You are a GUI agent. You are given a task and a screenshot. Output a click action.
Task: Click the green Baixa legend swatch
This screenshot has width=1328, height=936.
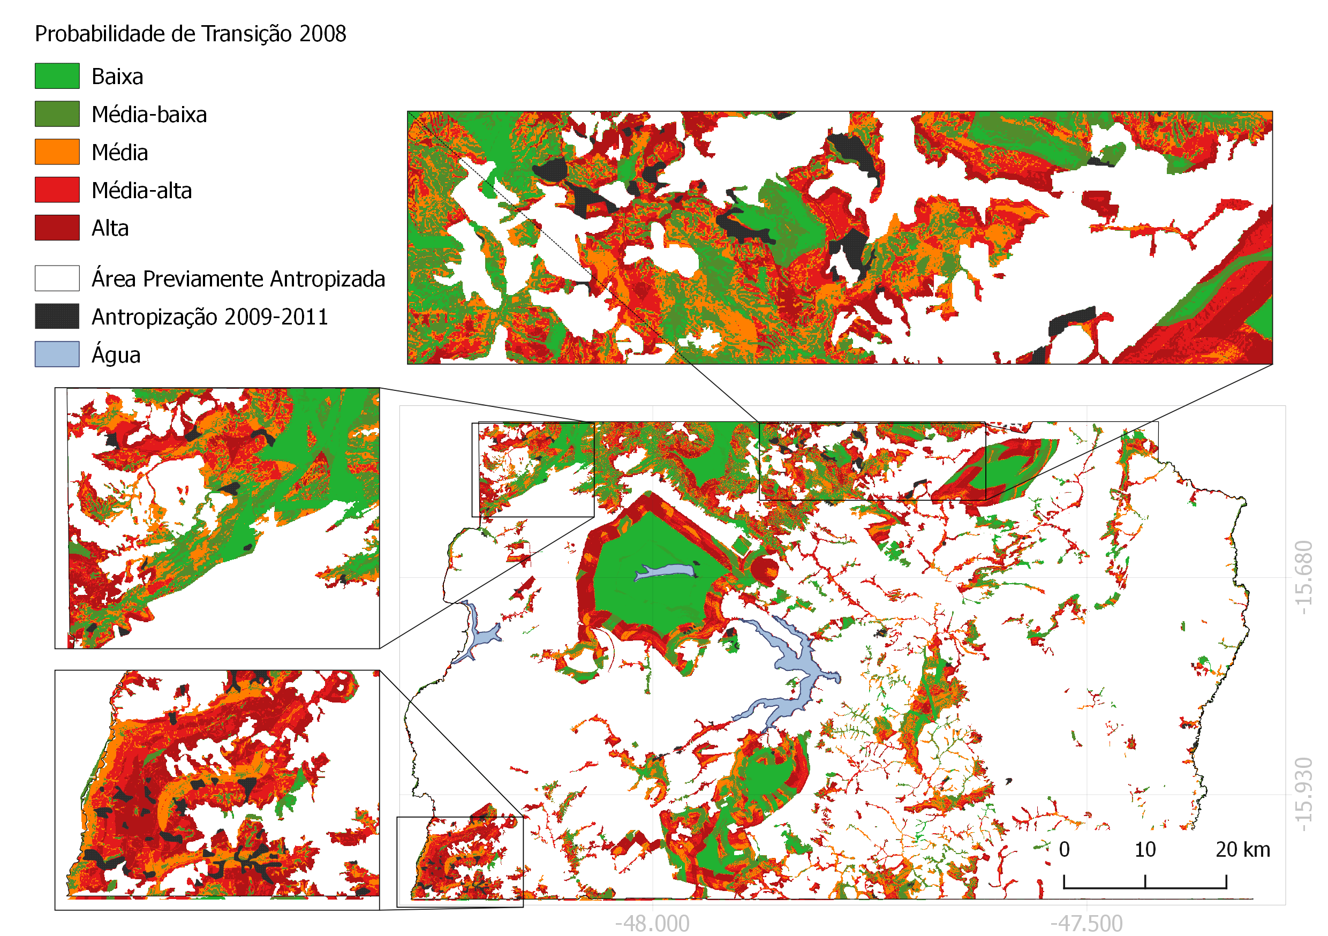pos(57,76)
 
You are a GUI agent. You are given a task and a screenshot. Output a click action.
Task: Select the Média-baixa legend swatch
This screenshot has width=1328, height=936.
pos(57,114)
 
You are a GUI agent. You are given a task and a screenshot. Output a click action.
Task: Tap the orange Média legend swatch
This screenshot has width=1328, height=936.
pos(57,152)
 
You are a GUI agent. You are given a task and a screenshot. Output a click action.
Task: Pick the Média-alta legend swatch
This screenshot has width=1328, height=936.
pos(57,190)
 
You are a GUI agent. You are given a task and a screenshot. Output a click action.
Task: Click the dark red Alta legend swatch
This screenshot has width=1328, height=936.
pos(57,228)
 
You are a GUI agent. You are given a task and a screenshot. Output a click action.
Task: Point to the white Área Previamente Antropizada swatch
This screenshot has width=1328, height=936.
pos(57,278)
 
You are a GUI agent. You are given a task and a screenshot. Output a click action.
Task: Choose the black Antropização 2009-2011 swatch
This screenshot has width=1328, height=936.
pos(57,316)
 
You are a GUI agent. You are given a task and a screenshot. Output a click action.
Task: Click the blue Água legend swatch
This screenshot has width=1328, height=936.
pos(57,354)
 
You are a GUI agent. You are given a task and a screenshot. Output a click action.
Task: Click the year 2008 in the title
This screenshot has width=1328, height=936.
pos(323,34)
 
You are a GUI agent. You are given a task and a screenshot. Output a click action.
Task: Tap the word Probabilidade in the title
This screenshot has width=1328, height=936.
pos(100,34)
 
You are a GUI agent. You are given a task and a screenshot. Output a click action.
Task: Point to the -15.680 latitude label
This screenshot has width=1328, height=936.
pos(1304,577)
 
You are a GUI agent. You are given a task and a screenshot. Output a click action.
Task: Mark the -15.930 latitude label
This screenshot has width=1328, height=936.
pos(1304,794)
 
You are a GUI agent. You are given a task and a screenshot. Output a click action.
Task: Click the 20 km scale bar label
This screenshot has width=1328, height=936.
pos(1242,849)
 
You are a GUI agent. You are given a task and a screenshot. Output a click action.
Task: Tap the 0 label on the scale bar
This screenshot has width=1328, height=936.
pos(1064,849)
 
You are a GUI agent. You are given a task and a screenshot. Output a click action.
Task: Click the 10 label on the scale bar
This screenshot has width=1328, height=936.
pos(1145,849)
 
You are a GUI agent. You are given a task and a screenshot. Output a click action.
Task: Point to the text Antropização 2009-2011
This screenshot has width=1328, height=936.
pos(209,317)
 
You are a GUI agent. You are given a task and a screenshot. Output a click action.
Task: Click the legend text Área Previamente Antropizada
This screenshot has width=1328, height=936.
pos(238,279)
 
